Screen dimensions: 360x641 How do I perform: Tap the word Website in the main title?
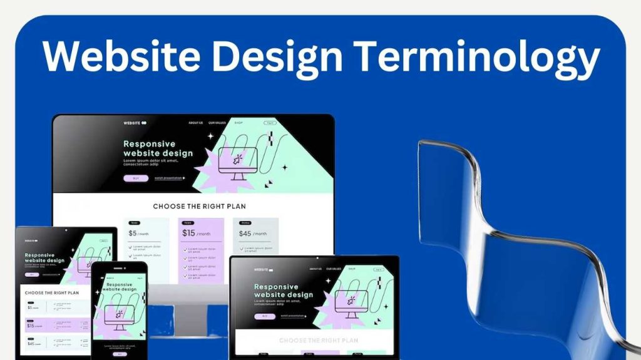pos(119,57)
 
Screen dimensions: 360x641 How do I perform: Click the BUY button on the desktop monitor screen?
pos(136,178)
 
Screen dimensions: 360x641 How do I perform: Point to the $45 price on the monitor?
pos(245,234)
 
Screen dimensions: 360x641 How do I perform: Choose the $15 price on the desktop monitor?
pos(189,233)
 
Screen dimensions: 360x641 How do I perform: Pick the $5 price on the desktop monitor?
pos(133,234)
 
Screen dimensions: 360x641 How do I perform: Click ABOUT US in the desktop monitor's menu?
pos(196,123)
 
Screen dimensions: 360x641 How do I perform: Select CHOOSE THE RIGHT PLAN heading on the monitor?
pos(199,206)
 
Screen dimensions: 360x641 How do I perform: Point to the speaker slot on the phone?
pos(120,267)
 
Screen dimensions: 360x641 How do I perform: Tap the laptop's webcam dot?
pos(314,258)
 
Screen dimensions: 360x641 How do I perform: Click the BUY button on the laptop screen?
pos(265,316)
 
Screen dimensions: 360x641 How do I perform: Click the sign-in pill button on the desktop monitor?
pos(270,123)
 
